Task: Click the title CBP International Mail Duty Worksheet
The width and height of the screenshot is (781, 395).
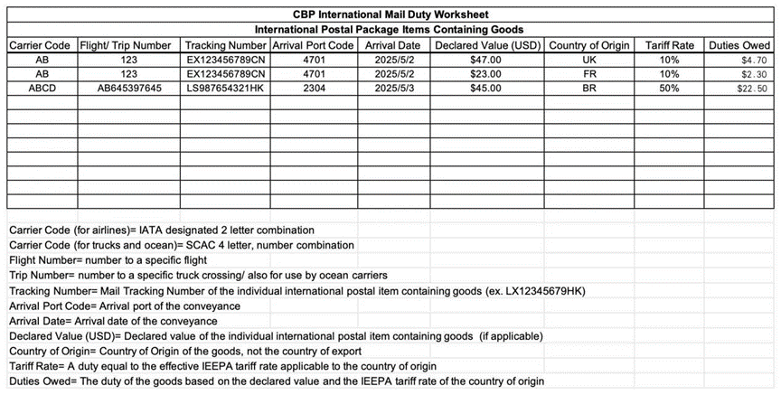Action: pos(390,15)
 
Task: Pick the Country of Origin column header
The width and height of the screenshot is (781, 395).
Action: pos(589,45)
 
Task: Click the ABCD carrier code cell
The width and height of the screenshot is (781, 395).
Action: pos(42,89)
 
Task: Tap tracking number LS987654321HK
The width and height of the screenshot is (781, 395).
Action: pos(224,89)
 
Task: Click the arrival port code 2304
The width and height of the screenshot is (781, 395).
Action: pos(316,89)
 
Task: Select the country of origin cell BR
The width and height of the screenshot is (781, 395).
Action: pos(589,89)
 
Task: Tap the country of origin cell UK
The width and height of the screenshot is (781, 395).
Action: pos(589,60)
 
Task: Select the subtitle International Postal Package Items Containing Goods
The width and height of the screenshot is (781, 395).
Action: pos(390,30)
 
